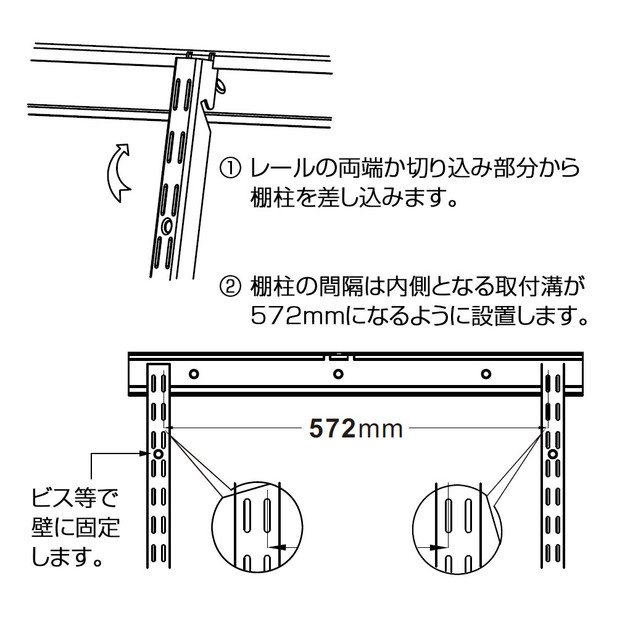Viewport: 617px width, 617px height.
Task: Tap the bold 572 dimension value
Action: pyautogui.click(x=332, y=429)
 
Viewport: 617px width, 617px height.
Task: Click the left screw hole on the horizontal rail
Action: pyautogui.click(x=194, y=374)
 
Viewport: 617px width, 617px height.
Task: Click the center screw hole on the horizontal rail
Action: pyautogui.click(x=338, y=374)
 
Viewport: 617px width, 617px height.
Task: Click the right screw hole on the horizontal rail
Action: pyautogui.click(x=486, y=374)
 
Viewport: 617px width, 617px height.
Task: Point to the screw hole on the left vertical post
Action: pyautogui.click(x=158, y=454)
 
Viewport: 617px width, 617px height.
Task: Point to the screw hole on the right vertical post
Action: pyautogui.click(x=553, y=455)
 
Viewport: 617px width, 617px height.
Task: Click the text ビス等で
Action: pyautogui.click(x=75, y=498)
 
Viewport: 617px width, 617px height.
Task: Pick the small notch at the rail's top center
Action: pyautogui.click(x=338, y=357)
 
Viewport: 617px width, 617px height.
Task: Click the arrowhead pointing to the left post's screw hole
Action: pyautogui.click(x=146, y=453)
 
